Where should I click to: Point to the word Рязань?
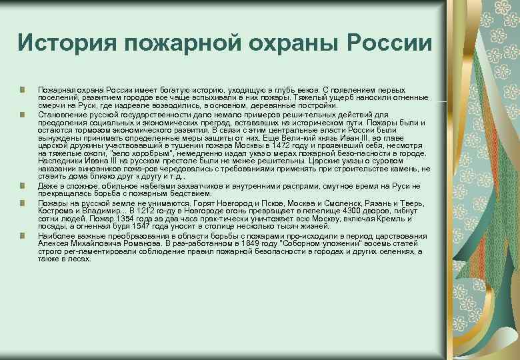click(x=361, y=204)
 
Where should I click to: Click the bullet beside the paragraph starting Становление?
click(x=23, y=114)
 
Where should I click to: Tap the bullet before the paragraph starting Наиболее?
click(x=23, y=236)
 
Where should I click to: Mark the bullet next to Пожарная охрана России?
click(x=23, y=89)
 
